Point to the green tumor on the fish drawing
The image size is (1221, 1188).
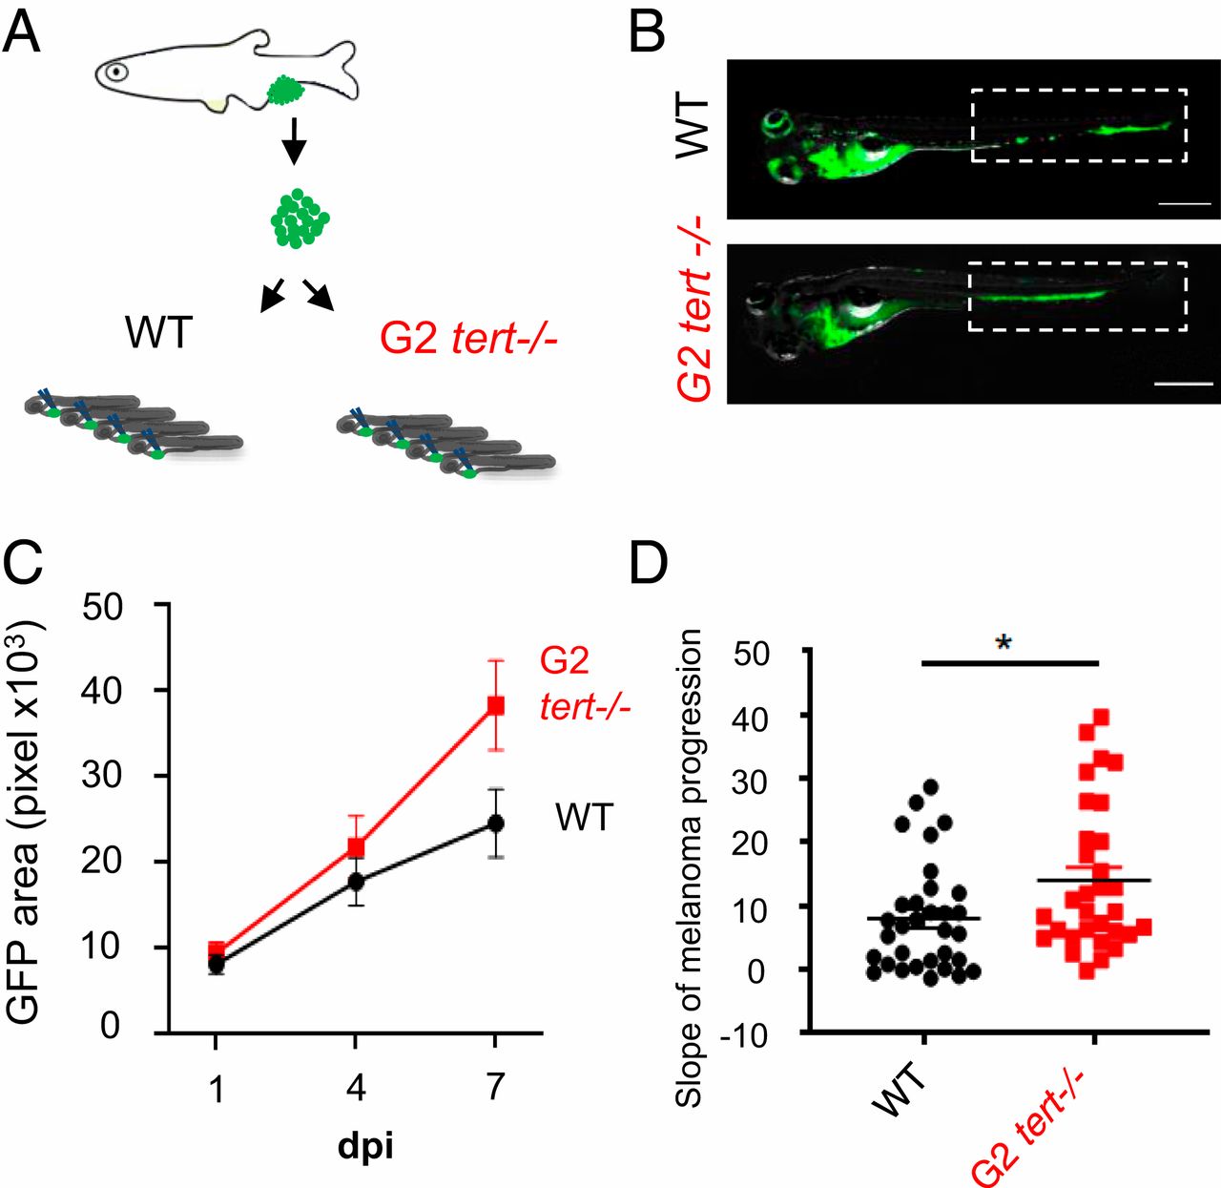coord(283,91)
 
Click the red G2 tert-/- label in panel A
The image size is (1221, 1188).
coord(468,336)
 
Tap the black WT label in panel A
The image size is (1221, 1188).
coord(159,334)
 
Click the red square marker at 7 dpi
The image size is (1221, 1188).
coord(495,705)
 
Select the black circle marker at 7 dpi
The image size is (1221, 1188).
coord(495,823)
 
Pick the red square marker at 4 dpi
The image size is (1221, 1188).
coord(356,847)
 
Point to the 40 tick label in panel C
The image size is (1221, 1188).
coord(101,690)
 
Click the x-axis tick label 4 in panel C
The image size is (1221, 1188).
coord(356,1087)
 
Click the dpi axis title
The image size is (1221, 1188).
coord(365,1145)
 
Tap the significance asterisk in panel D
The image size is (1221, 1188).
coord(1003,643)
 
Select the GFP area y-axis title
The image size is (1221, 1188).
coord(26,821)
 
